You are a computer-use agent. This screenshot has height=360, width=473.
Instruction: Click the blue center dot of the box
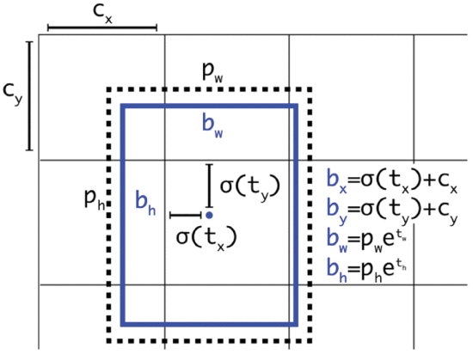[x=209, y=216]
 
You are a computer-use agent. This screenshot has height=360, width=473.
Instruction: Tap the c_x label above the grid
[x=102, y=13]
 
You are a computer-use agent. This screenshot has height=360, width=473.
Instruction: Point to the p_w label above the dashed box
[x=212, y=73]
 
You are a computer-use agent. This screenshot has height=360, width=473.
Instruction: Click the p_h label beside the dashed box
[x=95, y=198]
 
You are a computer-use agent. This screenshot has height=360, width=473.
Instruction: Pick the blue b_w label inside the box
[x=212, y=126]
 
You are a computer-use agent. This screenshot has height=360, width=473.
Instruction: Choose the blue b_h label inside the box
[x=145, y=203]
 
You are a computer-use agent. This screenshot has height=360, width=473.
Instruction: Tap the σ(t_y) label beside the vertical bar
[x=250, y=186]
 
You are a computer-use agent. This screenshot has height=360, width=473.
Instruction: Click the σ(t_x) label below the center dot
[x=206, y=238]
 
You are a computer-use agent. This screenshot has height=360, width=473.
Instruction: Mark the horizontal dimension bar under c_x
[x=102, y=28]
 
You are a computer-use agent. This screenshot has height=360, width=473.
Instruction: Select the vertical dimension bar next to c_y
[x=29, y=95]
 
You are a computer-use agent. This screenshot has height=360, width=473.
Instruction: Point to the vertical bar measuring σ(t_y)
[x=209, y=186]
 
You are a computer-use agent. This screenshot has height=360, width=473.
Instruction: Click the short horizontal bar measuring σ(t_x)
[x=186, y=215]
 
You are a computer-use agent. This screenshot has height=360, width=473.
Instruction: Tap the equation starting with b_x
[x=392, y=181]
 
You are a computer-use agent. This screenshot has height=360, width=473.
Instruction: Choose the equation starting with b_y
[x=392, y=211]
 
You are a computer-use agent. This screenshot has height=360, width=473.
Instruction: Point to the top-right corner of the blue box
[x=296, y=106]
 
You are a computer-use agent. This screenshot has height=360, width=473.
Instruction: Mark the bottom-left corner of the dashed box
[x=109, y=341]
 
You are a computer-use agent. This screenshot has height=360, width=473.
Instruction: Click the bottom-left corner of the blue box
[x=123, y=325]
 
